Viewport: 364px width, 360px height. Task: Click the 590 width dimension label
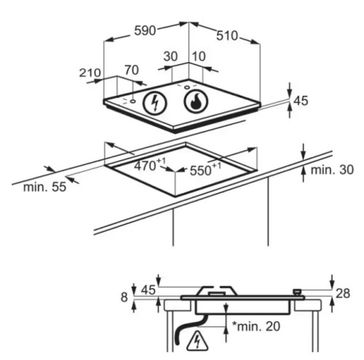tap(145, 31)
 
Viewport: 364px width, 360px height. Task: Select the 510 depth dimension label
tap(227, 36)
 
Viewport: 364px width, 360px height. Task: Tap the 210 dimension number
tap(90, 73)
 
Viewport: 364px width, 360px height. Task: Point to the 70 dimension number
tap(132, 70)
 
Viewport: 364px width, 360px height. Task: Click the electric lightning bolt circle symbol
tap(154, 103)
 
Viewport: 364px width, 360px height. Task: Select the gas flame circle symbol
tap(196, 101)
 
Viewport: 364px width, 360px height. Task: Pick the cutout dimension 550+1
tap(205, 169)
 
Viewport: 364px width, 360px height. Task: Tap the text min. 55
tap(44, 187)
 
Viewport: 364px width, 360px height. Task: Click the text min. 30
tap(332, 170)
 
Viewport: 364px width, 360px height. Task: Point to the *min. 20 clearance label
tap(256, 326)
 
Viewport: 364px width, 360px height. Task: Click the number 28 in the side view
tap(343, 294)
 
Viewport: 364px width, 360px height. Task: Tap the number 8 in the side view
tap(124, 297)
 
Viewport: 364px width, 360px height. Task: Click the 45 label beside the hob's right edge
tap(301, 101)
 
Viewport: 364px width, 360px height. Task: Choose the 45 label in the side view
tap(149, 290)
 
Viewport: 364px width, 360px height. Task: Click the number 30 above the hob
tap(170, 56)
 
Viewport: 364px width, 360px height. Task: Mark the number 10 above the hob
tap(199, 56)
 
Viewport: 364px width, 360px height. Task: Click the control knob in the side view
tap(297, 291)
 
